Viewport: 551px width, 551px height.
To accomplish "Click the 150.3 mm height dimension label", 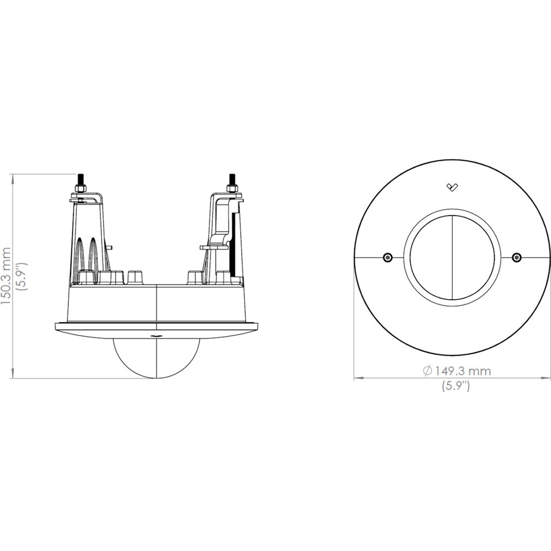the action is point(6,276).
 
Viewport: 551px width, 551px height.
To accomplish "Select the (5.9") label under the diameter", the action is point(456,386).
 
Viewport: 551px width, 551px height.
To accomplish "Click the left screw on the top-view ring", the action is point(387,257).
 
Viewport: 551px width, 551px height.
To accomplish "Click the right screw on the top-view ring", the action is point(517,257).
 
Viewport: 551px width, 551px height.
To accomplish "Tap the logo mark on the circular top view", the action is point(452,187).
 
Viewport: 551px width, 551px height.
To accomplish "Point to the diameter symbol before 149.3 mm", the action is point(428,371).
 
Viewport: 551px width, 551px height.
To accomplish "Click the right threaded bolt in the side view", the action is point(232,183).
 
